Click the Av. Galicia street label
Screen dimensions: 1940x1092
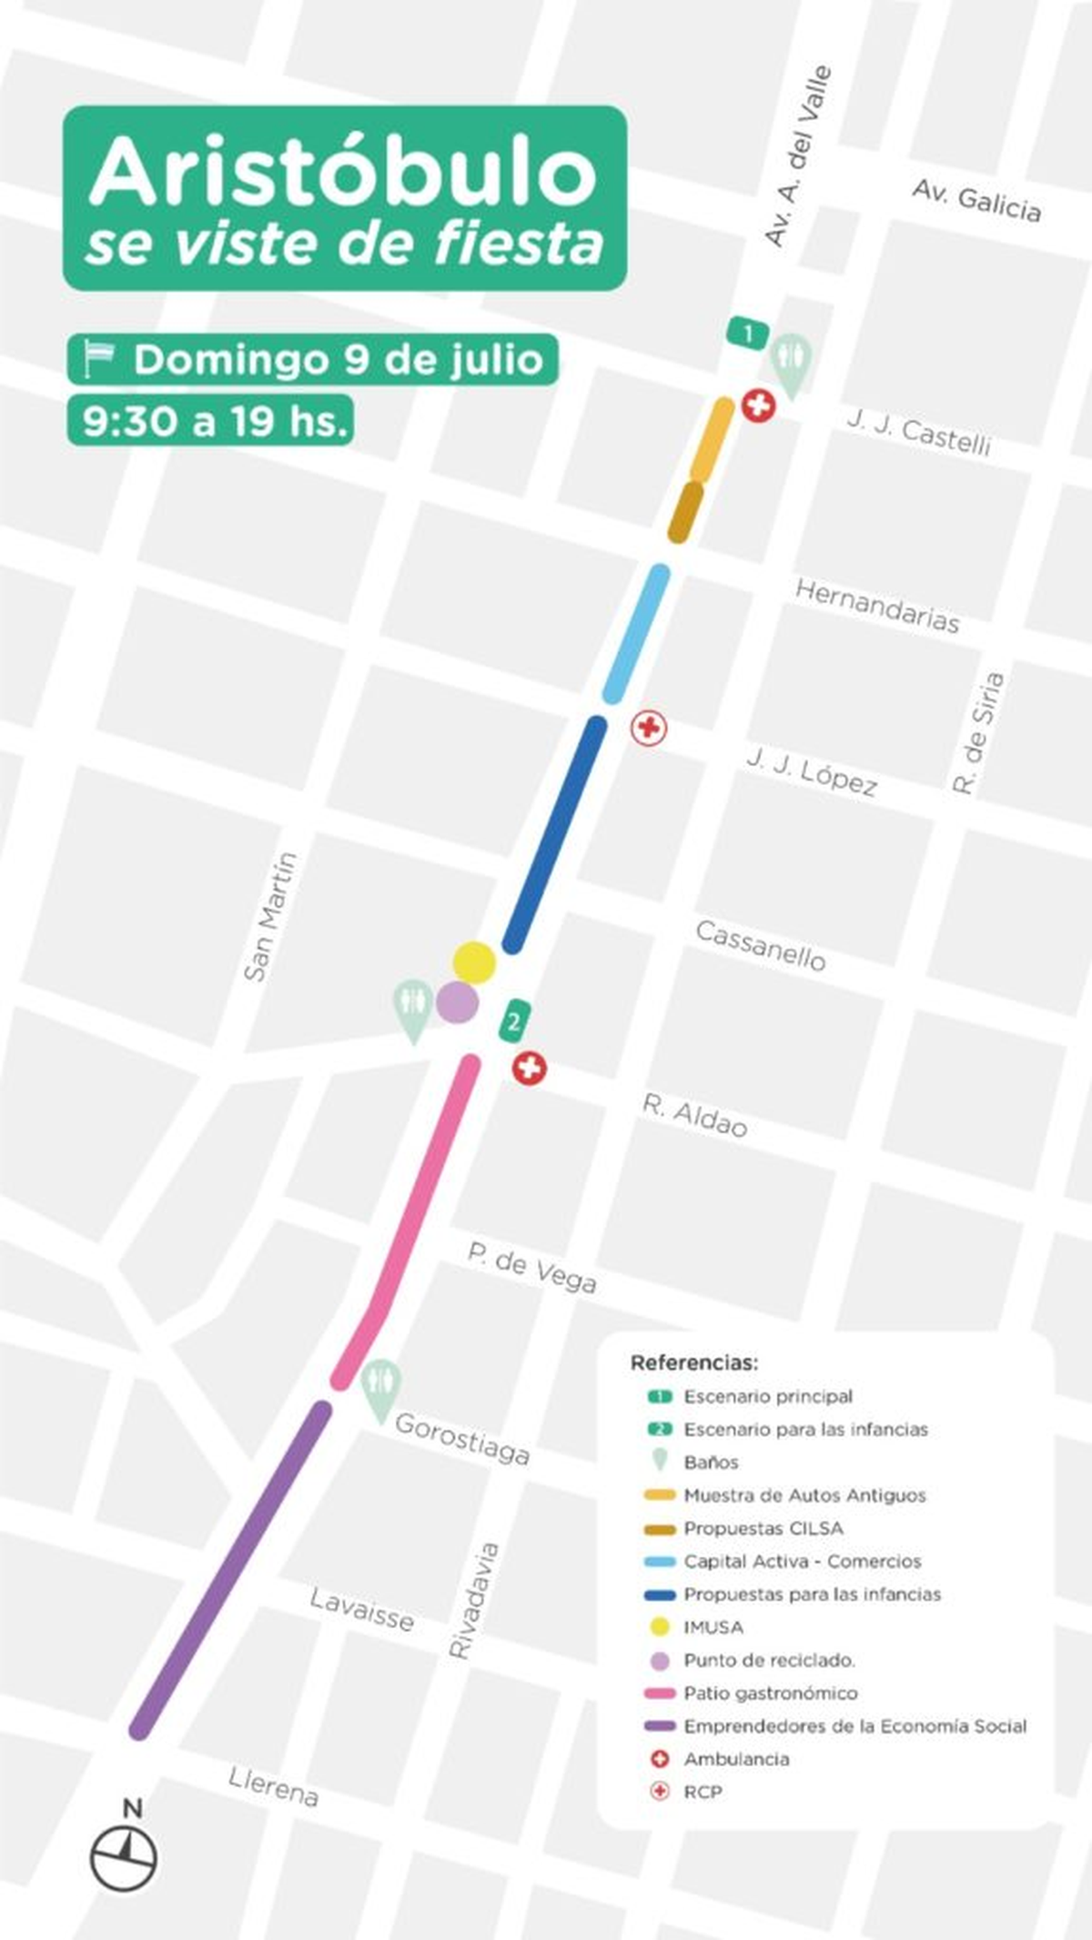pyautogui.click(x=976, y=201)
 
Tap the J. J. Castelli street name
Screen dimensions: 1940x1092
pyautogui.click(x=918, y=432)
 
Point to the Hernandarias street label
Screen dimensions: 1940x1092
pyautogui.click(x=877, y=606)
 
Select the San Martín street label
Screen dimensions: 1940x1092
pyautogui.click(x=270, y=916)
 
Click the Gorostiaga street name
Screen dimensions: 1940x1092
pyautogui.click(x=461, y=1438)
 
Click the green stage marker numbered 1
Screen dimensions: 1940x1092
pyautogui.click(x=748, y=333)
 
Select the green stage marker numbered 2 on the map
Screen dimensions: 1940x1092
pyautogui.click(x=514, y=1021)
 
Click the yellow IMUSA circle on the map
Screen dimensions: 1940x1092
pyautogui.click(x=474, y=962)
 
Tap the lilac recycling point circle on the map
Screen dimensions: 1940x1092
pyautogui.click(x=457, y=1002)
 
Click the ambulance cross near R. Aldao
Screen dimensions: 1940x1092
pyautogui.click(x=529, y=1068)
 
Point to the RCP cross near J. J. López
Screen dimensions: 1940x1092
pyautogui.click(x=649, y=728)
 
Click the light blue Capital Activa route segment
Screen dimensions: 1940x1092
pyautogui.click(x=637, y=633)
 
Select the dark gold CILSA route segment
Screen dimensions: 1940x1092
pyautogui.click(x=685, y=512)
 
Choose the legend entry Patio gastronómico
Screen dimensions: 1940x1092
pyautogui.click(x=770, y=1693)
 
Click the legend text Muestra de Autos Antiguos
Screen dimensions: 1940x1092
pyautogui.click(x=804, y=1495)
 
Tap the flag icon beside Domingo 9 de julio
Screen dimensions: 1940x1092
pyautogui.click(x=98, y=358)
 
